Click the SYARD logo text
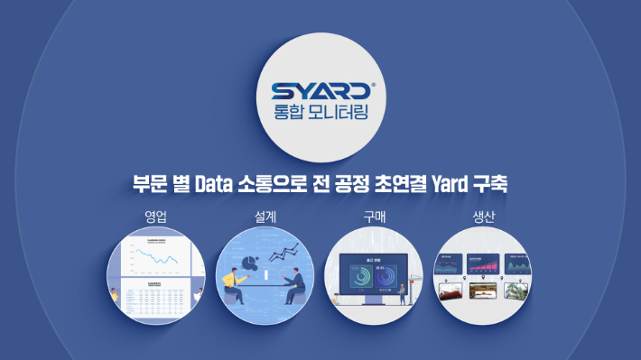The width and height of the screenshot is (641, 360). click(320, 91)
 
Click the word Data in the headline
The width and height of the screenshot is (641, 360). click(209, 186)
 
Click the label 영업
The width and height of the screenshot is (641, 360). click(156, 217)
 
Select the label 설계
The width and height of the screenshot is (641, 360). click(265, 217)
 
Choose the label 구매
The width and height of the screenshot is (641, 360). click(373, 217)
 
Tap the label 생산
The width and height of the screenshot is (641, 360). click(483, 217)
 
